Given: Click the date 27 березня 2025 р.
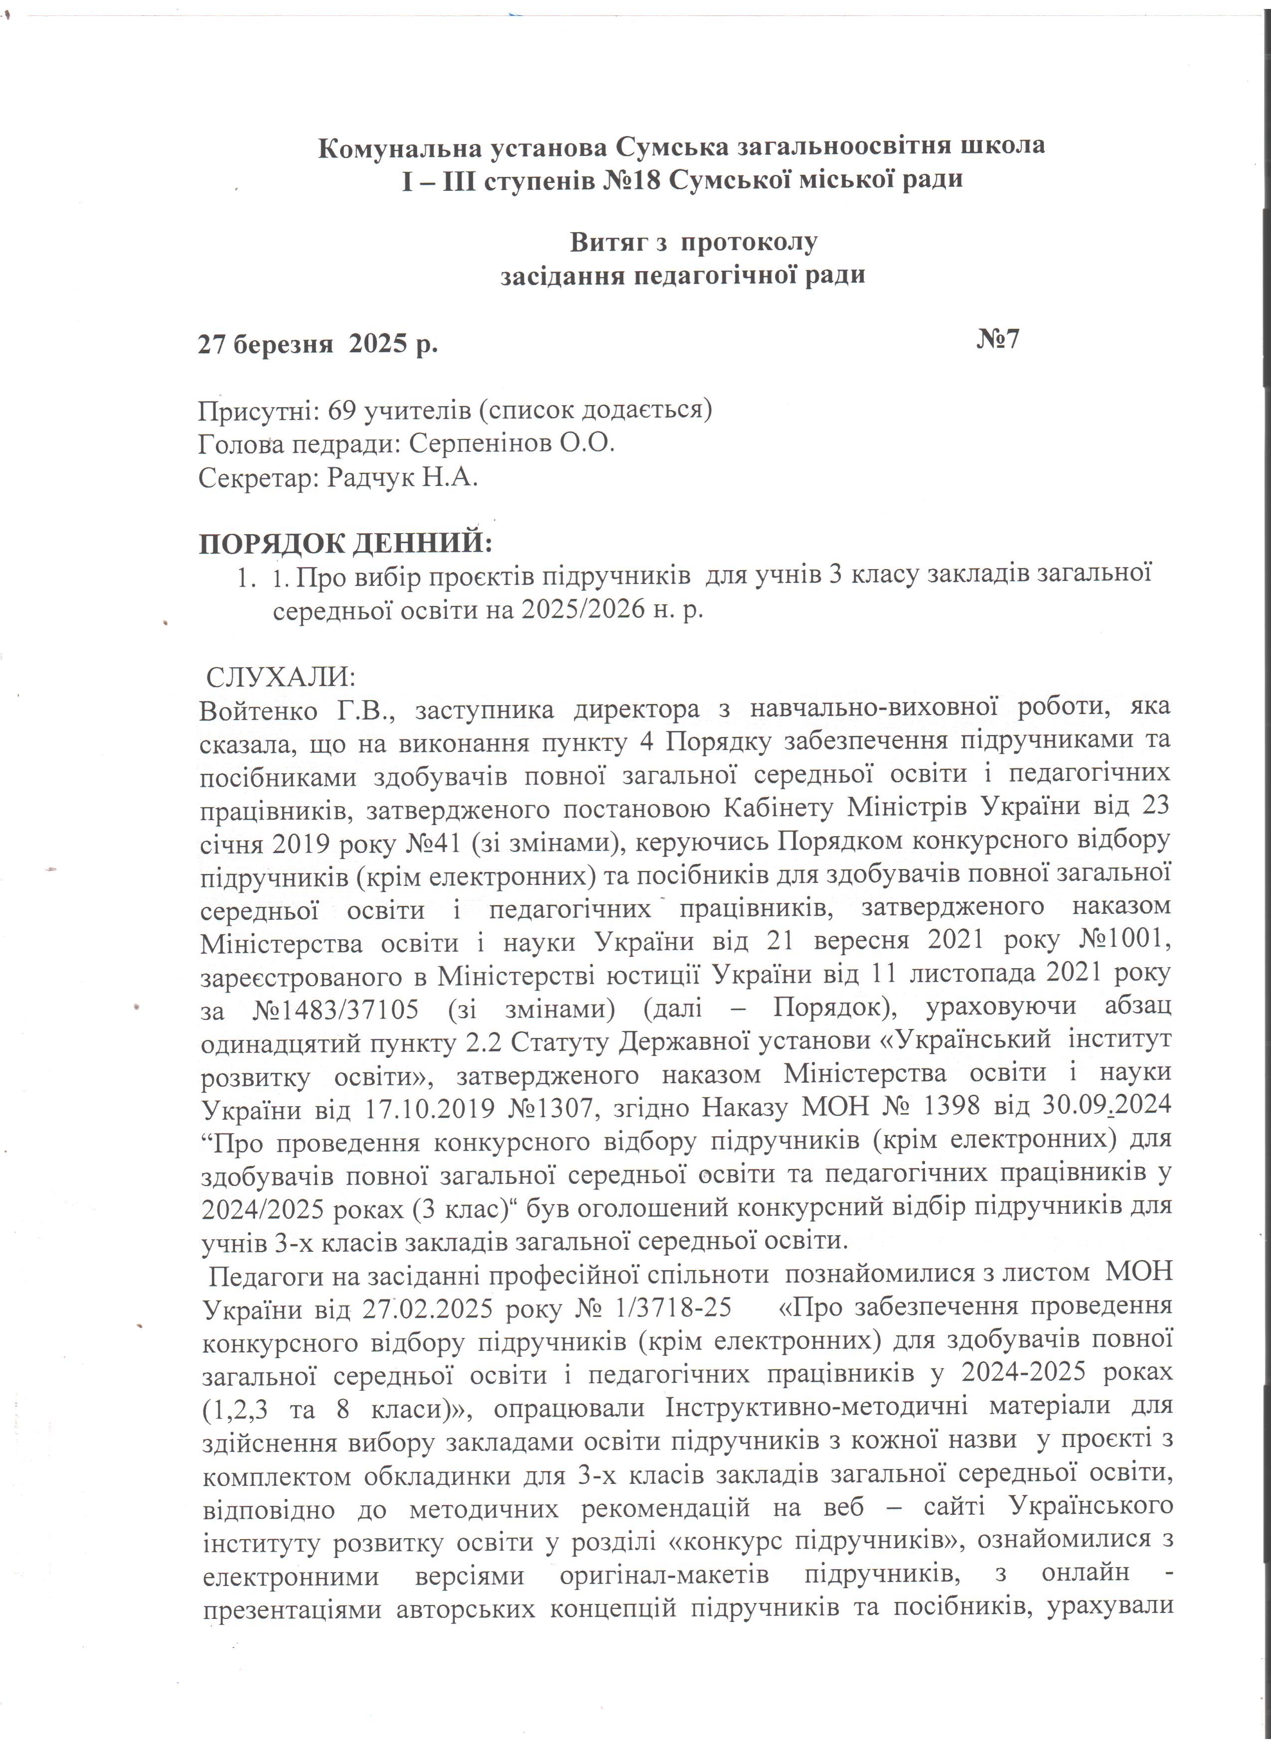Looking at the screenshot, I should click(x=318, y=344).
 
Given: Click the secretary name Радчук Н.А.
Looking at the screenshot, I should click(x=402, y=478).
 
